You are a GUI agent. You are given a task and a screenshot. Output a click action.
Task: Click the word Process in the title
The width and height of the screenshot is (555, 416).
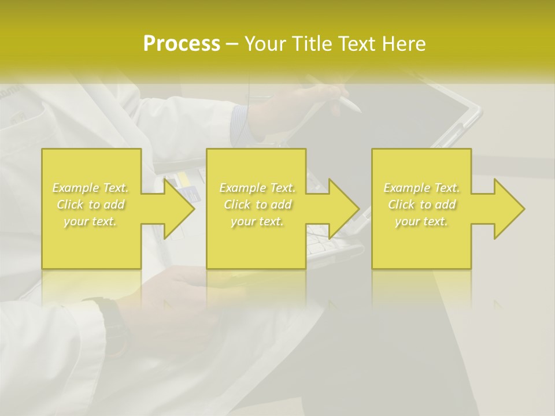[x=182, y=44]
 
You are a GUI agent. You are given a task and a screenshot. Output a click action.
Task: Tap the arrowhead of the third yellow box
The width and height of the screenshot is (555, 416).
[x=508, y=209]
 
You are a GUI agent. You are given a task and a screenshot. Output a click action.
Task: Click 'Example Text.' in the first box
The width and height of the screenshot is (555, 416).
[x=90, y=188]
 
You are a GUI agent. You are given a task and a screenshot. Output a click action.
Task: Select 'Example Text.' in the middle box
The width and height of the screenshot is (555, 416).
[x=257, y=188]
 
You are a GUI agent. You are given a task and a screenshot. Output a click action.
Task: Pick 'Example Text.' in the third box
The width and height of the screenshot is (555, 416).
[x=421, y=188]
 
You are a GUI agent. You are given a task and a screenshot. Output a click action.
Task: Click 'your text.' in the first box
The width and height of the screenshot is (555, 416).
[x=90, y=221]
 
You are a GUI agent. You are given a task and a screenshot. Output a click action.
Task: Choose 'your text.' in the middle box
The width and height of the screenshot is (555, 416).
[x=257, y=221]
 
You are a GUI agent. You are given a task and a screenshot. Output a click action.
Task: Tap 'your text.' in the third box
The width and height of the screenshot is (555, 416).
[x=421, y=221]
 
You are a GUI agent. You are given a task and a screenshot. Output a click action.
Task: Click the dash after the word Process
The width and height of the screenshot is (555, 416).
[x=232, y=44]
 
